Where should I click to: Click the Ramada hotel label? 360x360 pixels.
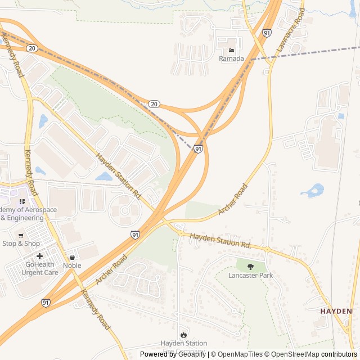pyautogui.click(x=231, y=58)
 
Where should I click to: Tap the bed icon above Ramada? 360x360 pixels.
pyautogui.click(x=231, y=50)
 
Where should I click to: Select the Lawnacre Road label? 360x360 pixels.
pyautogui.click(x=290, y=32)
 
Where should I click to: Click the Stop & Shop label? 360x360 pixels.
pyautogui.click(x=21, y=244)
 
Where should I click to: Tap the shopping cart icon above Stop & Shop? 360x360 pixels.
pyautogui.click(x=21, y=235)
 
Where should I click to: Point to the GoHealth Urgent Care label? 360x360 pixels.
pyautogui.click(x=40, y=268)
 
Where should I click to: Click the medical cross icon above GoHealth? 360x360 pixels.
pyautogui.click(x=40, y=256)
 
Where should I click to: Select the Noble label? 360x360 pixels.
pyautogui.click(x=72, y=265)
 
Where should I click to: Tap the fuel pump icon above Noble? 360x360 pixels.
pyautogui.click(x=72, y=257)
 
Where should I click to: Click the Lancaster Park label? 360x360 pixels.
pyautogui.click(x=250, y=276)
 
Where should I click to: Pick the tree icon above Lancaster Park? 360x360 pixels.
pyautogui.click(x=250, y=267)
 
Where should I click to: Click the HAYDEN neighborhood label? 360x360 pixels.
pyautogui.click(x=336, y=311)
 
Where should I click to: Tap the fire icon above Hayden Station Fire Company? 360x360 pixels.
pyautogui.click(x=183, y=334)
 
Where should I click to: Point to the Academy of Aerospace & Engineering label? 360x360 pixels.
pyautogui.click(x=28, y=214)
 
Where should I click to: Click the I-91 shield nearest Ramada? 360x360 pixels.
pyautogui.click(x=266, y=34)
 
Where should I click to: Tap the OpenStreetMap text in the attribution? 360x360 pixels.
pyautogui.click(x=292, y=354)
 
